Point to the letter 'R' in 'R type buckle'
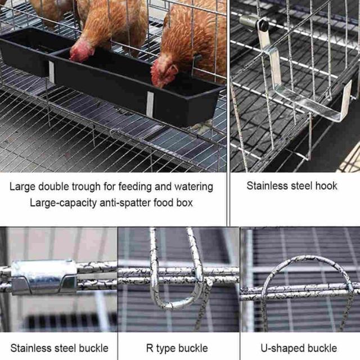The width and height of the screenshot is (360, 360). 150,348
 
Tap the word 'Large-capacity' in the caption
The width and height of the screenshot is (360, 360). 63,203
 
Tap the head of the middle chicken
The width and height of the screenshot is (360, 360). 81,51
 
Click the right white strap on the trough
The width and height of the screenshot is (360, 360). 150,104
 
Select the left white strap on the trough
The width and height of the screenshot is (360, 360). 51,71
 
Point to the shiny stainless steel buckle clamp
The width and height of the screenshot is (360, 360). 44,276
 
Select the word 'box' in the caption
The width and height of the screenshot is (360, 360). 184,202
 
